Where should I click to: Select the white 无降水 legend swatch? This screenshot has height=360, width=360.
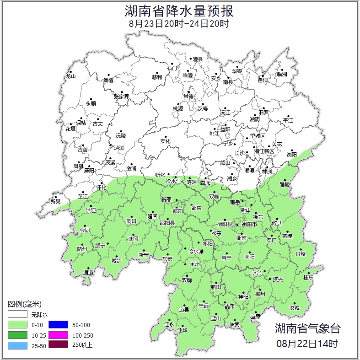[17, 314]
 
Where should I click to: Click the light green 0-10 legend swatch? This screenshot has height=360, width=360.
[17, 325]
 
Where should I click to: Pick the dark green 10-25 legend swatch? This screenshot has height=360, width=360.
[17, 335]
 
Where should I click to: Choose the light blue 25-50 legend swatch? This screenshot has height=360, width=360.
[17, 345]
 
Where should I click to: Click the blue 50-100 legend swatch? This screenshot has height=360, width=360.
[58, 325]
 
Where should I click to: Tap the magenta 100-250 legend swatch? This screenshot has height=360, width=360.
[58, 335]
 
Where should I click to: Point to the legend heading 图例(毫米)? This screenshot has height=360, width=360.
[25, 304]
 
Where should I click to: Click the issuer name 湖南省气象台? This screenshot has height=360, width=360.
[308, 328]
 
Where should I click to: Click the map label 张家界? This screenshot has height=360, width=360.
[121, 97]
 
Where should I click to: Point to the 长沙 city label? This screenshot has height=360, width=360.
[240, 153]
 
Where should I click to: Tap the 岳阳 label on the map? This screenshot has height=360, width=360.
[263, 80]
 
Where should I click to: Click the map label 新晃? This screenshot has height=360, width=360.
[55, 201]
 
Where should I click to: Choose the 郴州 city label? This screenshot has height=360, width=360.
[260, 294]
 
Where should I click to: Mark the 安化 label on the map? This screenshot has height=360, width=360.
[165, 141]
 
